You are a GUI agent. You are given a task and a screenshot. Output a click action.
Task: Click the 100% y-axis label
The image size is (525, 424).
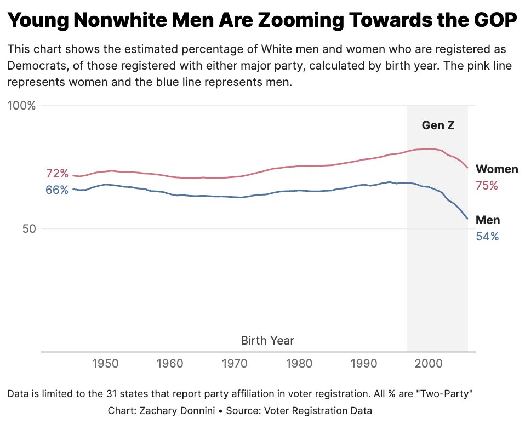tap(21, 106)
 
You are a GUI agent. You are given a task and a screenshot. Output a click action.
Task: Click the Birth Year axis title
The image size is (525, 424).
tap(267, 341)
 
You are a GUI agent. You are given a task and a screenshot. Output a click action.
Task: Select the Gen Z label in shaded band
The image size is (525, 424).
tap(438, 125)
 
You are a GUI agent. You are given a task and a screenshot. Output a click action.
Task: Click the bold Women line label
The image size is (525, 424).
tap(497, 169)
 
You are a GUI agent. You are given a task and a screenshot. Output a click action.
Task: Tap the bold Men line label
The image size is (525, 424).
tap(488, 220)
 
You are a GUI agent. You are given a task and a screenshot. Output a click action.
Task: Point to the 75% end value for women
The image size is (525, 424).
tap(487, 186)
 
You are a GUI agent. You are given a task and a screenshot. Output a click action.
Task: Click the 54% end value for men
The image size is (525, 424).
tap(487, 237)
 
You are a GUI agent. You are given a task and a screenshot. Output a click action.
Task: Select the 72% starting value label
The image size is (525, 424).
tap(57, 174)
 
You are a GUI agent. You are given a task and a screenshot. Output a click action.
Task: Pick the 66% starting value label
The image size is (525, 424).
tap(57, 190)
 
